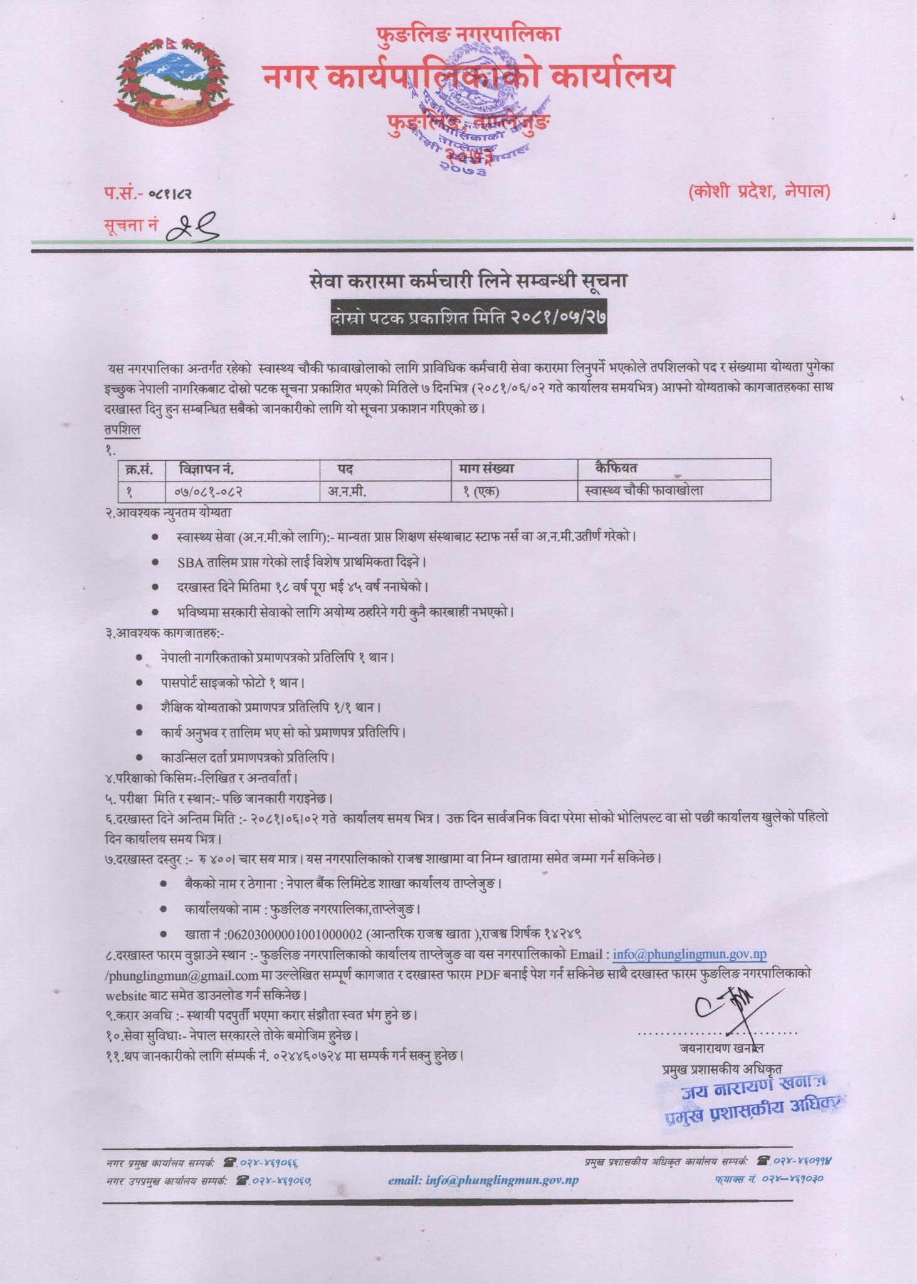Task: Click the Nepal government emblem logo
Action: (170, 82)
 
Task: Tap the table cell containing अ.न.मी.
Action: (347, 492)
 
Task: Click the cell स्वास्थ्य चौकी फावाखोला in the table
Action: (642, 490)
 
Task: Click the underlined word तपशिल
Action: (123, 429)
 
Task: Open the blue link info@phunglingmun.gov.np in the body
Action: (689, 954)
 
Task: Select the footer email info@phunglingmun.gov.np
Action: (483, 1180)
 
